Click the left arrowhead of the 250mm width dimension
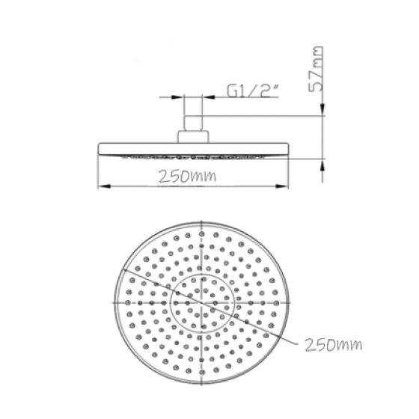pos(103,187)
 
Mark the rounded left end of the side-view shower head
pos(100,150)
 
